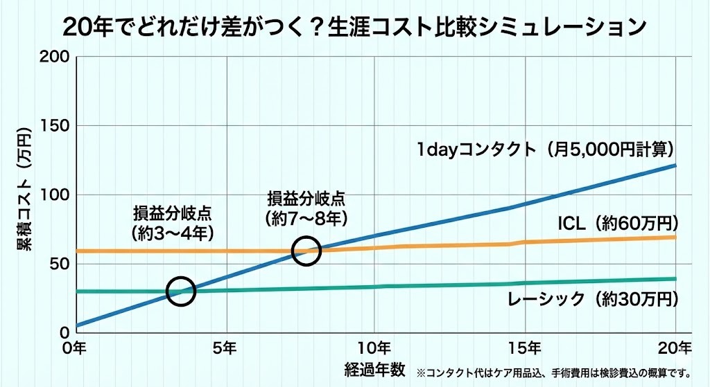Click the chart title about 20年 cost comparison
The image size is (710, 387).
(x=354, y=27)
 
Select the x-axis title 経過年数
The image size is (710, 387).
(x=374, y=368)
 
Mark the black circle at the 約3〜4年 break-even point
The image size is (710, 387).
(x=181, y=291)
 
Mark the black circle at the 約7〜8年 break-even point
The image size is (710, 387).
(x=306, y=251)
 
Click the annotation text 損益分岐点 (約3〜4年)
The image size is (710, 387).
(x=172, y=222)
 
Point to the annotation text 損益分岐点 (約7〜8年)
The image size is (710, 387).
(x=305, y=208)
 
